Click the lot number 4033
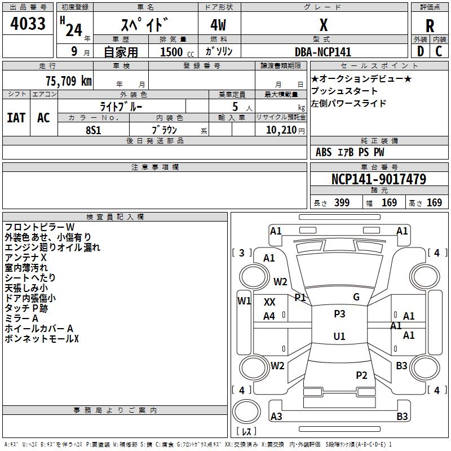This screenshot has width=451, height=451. pyautogui.click(x=28, y=25)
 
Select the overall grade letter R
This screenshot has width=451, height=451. pyautogui.click(x=430, y=25)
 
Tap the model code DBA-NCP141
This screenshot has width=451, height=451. pyautogui.click(x=323, y=52)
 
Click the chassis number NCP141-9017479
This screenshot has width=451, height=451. pyautogui.click(x=378, y=180)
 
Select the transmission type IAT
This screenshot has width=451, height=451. pyautogui.click(x=16, y=118)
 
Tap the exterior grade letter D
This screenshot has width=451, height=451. pyautogui.click(x=420, y=51)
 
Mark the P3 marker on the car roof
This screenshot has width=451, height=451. pyautogui.click(x=339, y=314)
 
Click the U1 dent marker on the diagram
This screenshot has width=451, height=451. pyautogui.click(x=339, y=336)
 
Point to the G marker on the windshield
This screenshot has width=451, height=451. pyautogui.click(x=356, y=297)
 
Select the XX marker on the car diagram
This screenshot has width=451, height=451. pyautogui.click(x=269, y=302)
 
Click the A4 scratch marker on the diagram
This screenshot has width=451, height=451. pyautogui.click(x=269, y=316)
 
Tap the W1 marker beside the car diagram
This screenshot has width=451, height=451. pyautogui.click(x=244, y=300)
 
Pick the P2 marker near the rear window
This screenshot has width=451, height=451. pyautogui.click(x=361, y=375)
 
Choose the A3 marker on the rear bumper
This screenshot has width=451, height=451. pyautogui.click(x=276, y=417)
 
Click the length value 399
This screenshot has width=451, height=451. pyautogui.click(x=342, y=203)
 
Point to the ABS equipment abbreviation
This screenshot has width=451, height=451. pyautogui.click(x=324, y=152)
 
